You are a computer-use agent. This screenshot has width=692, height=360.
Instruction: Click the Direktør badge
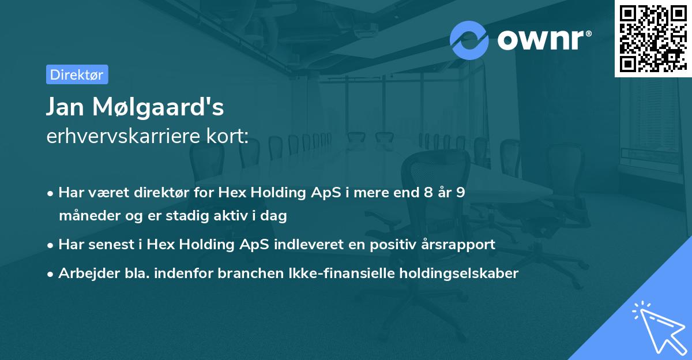pos(77,74)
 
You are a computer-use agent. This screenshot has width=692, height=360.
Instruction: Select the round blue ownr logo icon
pos(470,40)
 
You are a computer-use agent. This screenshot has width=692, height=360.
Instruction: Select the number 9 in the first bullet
pos(460,193)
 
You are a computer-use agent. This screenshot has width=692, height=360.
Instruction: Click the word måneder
pos(85,216)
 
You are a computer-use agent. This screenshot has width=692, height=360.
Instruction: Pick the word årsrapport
pos(461,245)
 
